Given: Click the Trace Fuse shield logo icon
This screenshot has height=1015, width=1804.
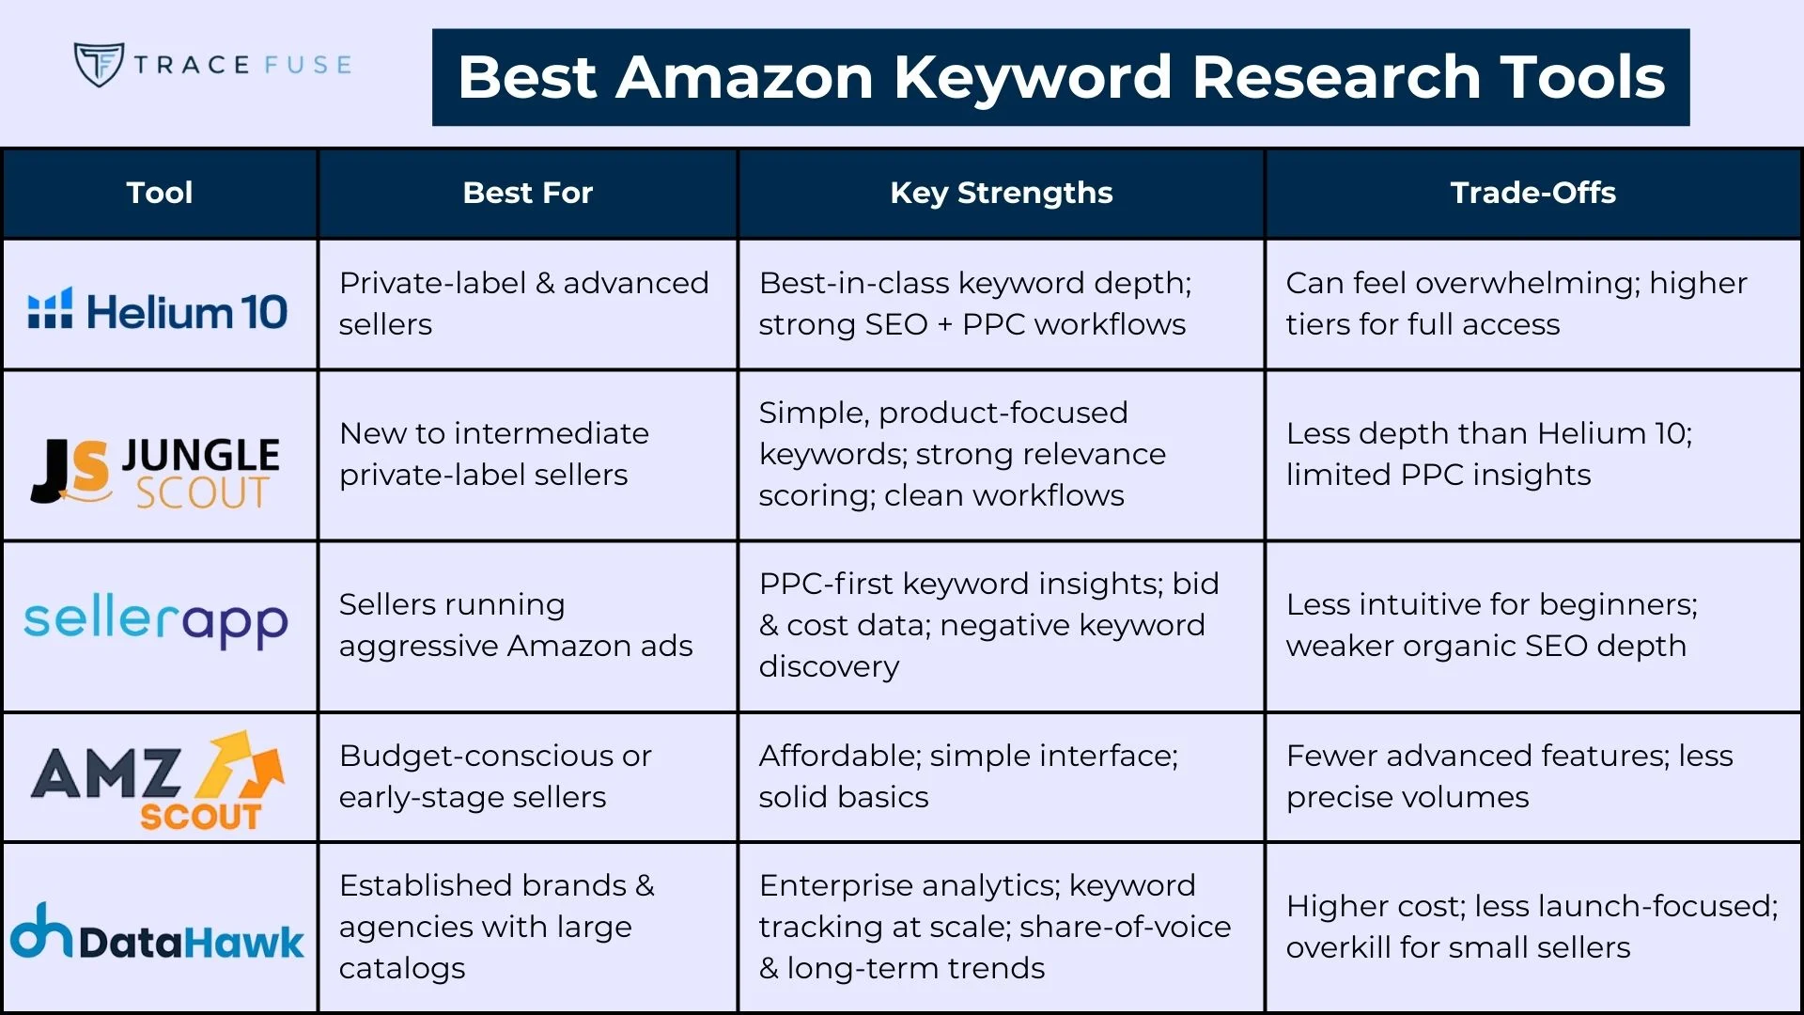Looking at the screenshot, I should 99,64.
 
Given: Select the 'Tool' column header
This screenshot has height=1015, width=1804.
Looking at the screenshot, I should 160,193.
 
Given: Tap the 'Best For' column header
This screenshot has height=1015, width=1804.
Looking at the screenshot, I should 527,193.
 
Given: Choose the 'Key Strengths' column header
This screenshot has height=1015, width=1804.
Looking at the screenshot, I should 1001,193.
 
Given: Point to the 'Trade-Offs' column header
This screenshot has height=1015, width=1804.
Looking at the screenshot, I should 1532,193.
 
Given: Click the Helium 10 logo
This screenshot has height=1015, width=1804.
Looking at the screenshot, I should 158,310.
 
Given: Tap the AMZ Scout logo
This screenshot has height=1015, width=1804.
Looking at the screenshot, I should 158,780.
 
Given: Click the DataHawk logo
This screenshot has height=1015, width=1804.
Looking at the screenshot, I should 157,933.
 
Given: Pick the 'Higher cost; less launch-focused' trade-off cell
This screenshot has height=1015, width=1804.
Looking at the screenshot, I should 1532,927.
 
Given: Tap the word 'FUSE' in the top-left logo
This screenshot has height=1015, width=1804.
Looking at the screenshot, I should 308,65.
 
